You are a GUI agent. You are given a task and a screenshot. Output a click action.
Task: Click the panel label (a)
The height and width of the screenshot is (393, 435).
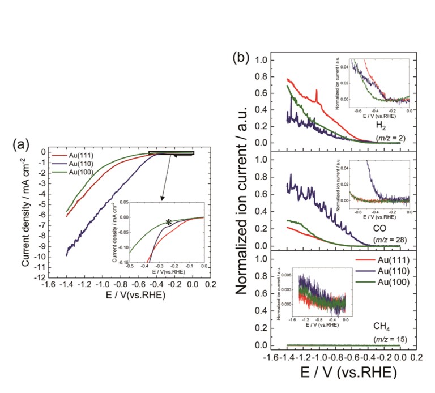tap(21, 144)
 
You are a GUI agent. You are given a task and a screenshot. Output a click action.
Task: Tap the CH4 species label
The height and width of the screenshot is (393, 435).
tap(382, 327)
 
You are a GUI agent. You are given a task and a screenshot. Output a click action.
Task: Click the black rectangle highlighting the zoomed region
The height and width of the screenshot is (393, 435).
tap(171, 152)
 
